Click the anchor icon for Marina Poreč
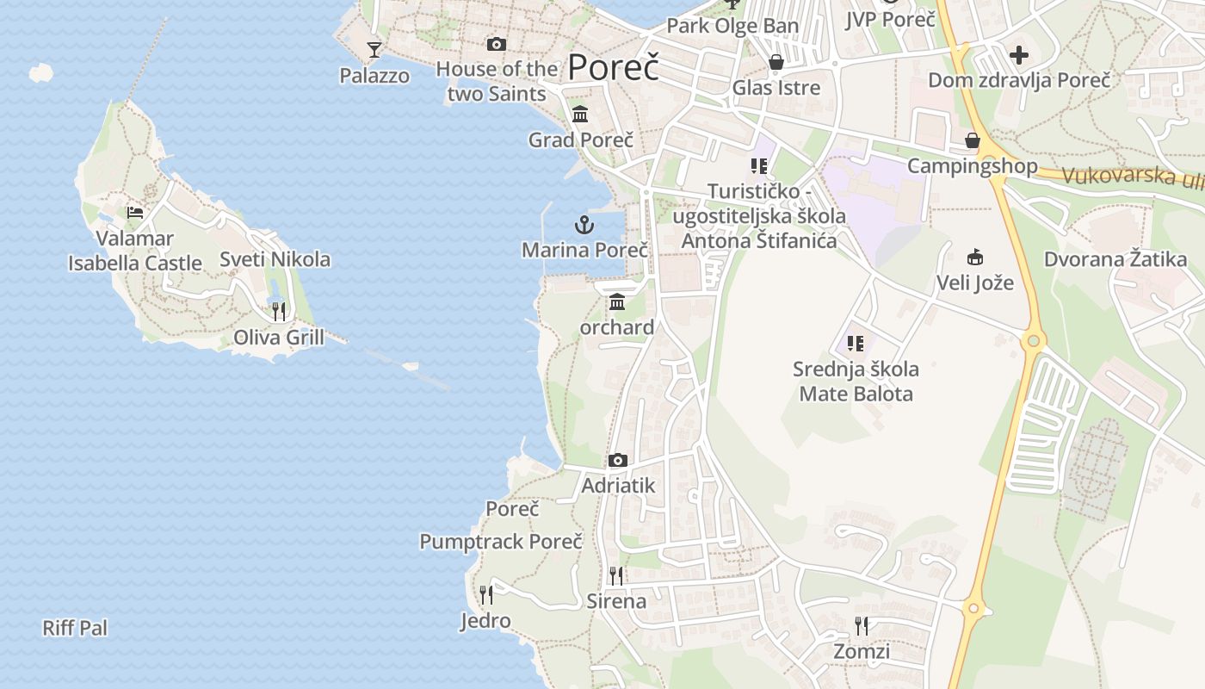pyautogui.click(x=584, y=226)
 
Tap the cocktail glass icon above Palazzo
pyautogui.click(x=374, y=50)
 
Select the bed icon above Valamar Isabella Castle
pyautogui.click(x=135, y=213)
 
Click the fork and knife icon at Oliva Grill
pyautogui.click(x=279, y=311)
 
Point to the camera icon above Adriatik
pyautogui.click(x=618, y=461)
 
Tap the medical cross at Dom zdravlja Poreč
pyautogui.click(x=1019, y=56)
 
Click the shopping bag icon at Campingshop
pyautogui.click(x=973, y=140)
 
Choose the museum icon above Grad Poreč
pyautogui.click(x=580, y=114)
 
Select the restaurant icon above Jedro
pyautogui.click(x=486, y=594)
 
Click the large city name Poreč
pyautogui.click(x=614, y=67)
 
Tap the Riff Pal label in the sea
pyautogui.click(x=76, y=628)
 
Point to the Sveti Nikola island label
pyautogui.click(x=275, y=259)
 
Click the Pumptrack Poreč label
pyautogui.click(x=501, y=542)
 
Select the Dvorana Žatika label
pyautogui.click(x=1115, y=259)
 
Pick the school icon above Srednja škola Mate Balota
pyautogui.click(x=856, y=344)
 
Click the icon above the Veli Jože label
pyautogui.click(x=975, y=257)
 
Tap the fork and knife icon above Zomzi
pyautogui.click(x=862, y=625)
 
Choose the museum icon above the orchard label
pyautogui.click(x=617, y=302)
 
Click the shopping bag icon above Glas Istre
pyautogui.click(x=776, y=62)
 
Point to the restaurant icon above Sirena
pyautogui.click(x=616, y=575)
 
